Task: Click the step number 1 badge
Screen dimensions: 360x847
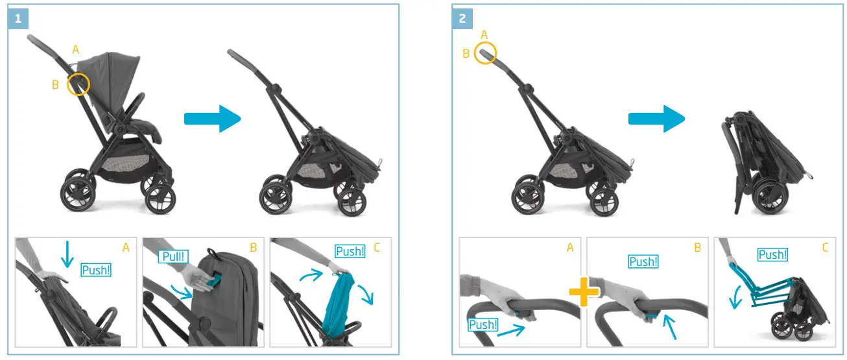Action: click(18, 19)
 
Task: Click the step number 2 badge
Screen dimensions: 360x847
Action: click(462, 19)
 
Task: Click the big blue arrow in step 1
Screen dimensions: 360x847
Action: click(213, 119)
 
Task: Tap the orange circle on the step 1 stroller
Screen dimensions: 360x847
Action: click(78, 85)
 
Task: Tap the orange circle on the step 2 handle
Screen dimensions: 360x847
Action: click(485, 53)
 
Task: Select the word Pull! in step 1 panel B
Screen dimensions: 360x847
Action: click(173, 256)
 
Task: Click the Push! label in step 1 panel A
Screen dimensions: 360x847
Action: click(96, 270)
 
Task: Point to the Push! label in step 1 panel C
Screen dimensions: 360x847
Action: click(350, 251)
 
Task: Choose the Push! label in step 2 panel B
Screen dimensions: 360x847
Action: click(643, 261)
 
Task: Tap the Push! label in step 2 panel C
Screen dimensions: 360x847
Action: click(772, 255)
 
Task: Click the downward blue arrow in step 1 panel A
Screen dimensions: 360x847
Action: click(66, 254)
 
